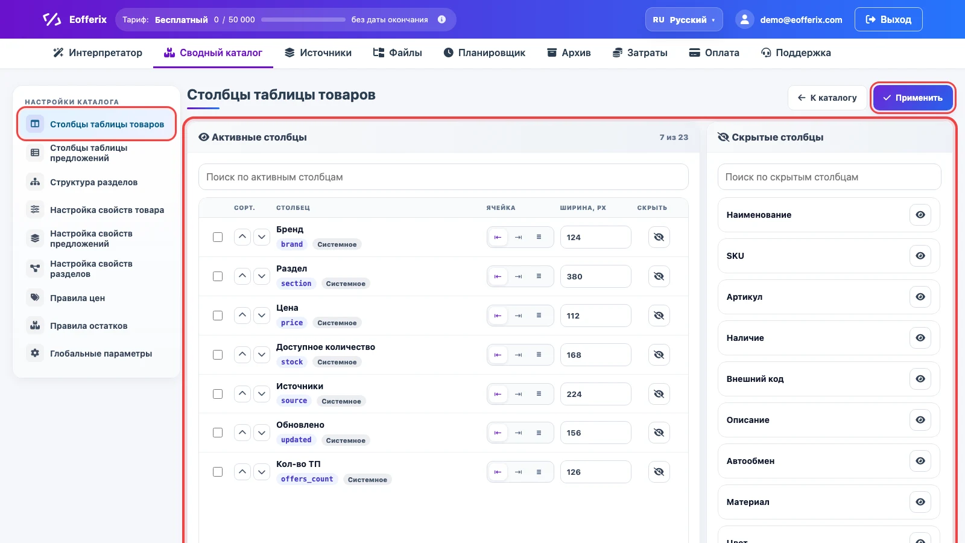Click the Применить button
913,98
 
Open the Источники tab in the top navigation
318,52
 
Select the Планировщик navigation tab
484,52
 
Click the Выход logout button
888,19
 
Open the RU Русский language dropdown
684,19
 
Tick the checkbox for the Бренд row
218,237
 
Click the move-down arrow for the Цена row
262,316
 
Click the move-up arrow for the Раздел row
242,276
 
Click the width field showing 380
595,276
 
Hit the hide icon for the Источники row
659,394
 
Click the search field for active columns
443,177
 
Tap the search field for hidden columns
829,177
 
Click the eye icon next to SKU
920,256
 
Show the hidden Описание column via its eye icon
920,420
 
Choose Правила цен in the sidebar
78,298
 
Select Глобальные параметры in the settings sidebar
101,354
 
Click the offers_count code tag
307,479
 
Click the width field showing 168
595,355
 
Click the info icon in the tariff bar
441,19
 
